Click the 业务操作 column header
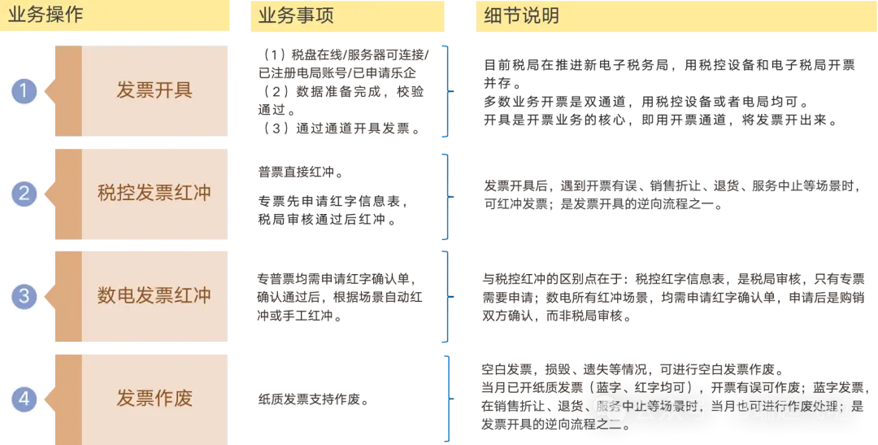(x=46, y=15)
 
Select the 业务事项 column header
(x=296, y=15)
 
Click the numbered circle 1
(x=24, y=91)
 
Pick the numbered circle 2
(x=24, y=194)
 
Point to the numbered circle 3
(x=24, y=296)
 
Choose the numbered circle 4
(x=24, y=399)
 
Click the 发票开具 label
(x=154, y=89)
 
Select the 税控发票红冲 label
(x=154, y=193)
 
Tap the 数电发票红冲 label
(x=154, y=295)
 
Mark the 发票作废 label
(x=154, y=398)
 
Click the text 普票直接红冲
(x=301, y=172)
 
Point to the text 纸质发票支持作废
(x=314, y=399)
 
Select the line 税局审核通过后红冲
(x=328, y=219)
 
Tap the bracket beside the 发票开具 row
(x=447, y=91)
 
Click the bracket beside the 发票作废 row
(x=447, y=399)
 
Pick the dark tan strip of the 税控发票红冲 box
(x=68, y=194)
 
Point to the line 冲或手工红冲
(x=299, y=316)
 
